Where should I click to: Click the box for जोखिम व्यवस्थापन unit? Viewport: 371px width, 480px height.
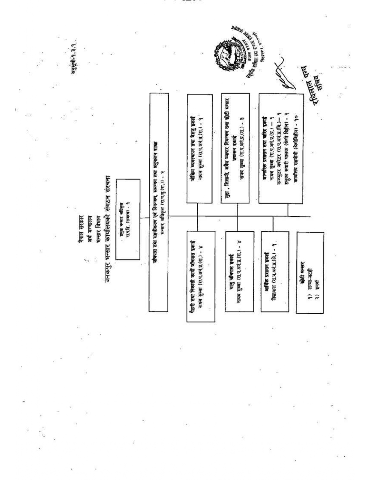pos(199,148)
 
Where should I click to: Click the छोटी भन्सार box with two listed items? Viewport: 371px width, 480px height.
pos(310,273)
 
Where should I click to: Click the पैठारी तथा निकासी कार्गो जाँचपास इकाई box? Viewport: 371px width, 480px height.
pos(200,276)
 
